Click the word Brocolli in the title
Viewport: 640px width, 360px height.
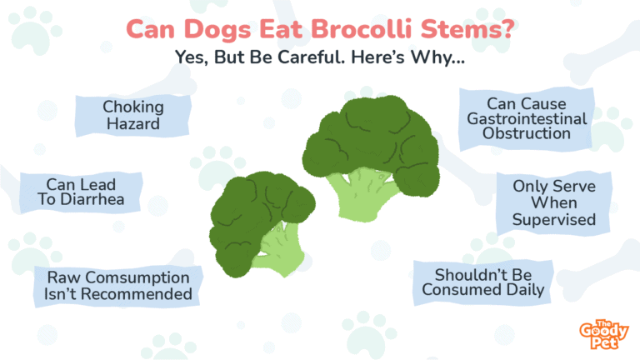tap(361, 29)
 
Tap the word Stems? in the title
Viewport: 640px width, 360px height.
tap(467, 29)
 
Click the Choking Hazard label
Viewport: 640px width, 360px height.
tap(133, 116)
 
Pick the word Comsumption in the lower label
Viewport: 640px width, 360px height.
tap(137, 277)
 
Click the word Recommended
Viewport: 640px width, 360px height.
tap(137, 294)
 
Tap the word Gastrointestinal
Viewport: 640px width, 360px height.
tap(527, 119)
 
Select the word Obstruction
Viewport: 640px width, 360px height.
tap(527, 133)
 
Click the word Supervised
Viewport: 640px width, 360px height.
tap(554, 220)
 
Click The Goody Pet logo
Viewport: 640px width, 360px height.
tap(603, 334)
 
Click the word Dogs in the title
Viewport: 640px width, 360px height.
tap(217, 30)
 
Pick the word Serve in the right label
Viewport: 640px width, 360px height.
tap(574, 187)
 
